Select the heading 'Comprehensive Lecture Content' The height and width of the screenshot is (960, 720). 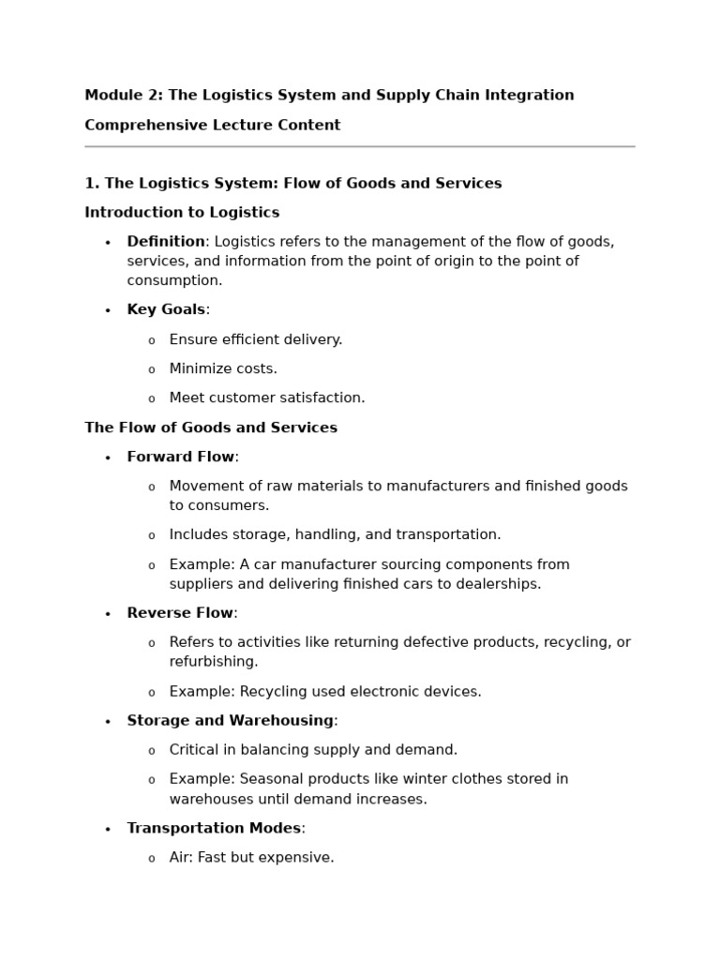tap(213, 126)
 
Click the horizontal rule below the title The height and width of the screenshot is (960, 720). tap(359, 146)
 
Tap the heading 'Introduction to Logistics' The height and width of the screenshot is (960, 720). tap(182, 213)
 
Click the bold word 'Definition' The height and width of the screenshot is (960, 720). tap(166, 242)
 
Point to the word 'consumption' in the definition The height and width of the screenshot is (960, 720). tap(173, 280)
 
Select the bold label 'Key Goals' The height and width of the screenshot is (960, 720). tap(166, 310)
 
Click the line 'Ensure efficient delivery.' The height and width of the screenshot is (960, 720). tap(255, 339)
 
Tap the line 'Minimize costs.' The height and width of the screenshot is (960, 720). tap(223, 369)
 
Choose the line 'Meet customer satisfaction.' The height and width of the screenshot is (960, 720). tap(266, 398)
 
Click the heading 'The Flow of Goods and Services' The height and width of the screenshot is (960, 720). tap(211, 428)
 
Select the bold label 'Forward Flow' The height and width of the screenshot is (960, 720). tap(180, 457)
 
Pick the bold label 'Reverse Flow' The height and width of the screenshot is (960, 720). tap(179, 613)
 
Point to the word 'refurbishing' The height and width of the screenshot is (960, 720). tap(212, 662)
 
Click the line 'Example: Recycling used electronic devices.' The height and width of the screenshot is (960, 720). tap(324, 692)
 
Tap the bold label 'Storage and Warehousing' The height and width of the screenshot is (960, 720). tap(230, 721)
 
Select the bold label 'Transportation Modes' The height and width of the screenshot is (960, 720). tap(214, 829)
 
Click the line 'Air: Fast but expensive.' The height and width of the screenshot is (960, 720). tap(251, 858)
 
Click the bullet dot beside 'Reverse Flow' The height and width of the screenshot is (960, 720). tap(108, 614)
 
